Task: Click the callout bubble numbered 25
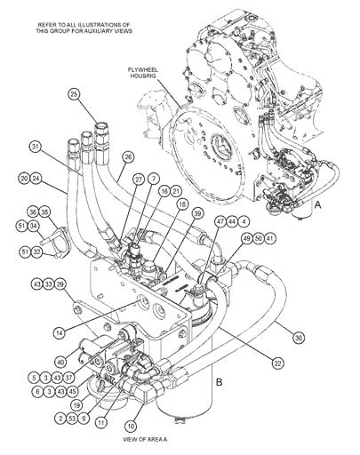coord(74,94)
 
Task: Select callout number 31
coord(36,148)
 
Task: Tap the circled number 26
coord(128,157)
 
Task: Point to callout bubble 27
coord(139,179)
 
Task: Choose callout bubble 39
coord(197,213)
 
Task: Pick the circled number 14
coord(60,332)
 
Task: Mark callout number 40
coord(60,362)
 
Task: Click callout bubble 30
coord(299,338)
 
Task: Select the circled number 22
coord(277,363)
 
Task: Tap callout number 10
coord(131,427)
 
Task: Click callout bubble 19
coord(76,405)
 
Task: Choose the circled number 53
coord(72,419)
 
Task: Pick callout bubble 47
coord(220,221)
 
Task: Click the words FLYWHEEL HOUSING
coord(143,73)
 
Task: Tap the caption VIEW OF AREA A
coord(145,439)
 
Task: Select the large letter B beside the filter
coord(219,382)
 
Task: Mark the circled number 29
coord(60,284)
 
